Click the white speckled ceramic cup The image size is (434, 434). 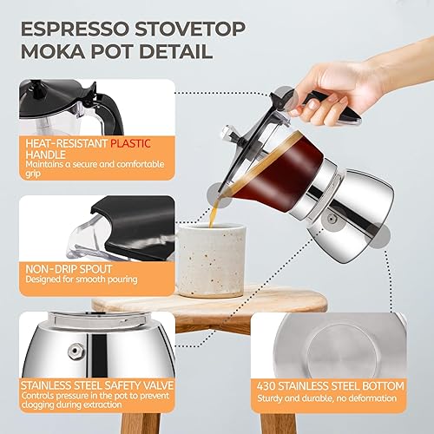click(x=212, y=260)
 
